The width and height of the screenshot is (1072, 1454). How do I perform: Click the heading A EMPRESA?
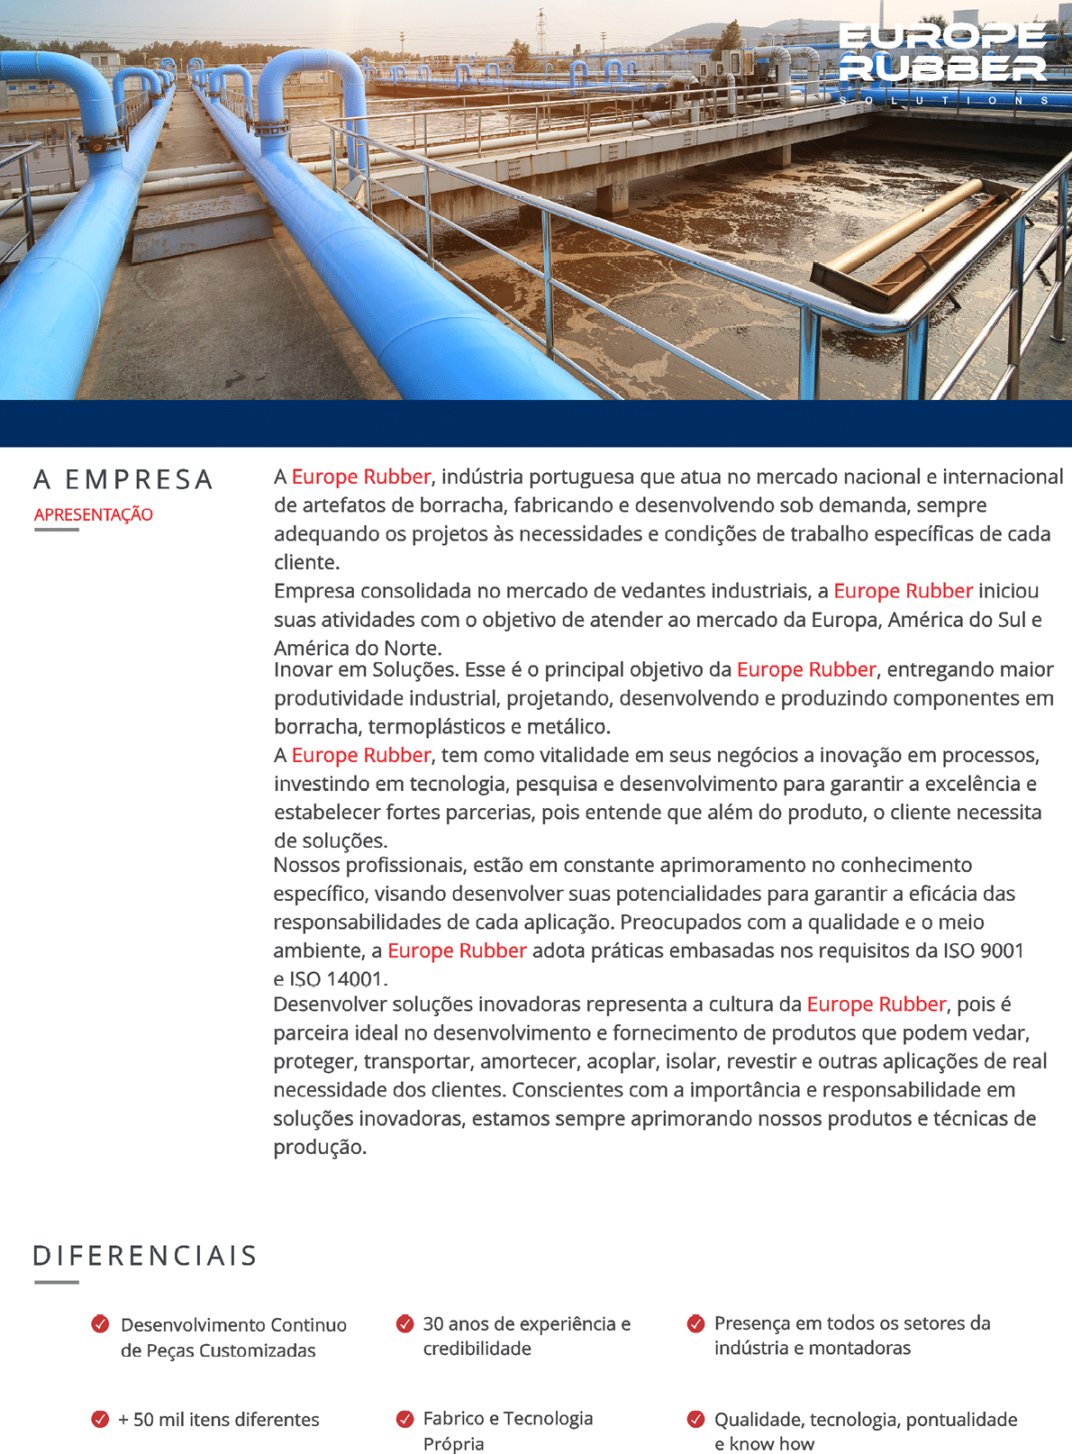123,479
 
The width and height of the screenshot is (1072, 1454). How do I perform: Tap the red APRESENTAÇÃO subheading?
94,514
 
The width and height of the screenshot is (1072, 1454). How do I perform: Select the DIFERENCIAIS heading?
145,1256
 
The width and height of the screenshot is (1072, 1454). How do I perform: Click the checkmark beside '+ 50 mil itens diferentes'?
100,1419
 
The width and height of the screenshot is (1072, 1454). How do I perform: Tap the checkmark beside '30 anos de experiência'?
404,1323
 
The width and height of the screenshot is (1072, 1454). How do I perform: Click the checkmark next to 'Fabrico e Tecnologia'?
404,1419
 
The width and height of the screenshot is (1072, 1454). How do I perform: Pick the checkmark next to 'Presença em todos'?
695,1323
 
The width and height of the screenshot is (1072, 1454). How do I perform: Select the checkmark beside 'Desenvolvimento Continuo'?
100,1323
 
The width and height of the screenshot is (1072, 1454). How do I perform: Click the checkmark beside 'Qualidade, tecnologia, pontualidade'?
695,1419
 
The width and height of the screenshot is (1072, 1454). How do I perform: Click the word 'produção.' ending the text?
320,1147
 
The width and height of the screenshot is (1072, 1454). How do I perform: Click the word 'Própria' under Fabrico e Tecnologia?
453,1444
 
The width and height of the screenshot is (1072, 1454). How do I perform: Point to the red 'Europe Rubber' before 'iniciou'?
903,591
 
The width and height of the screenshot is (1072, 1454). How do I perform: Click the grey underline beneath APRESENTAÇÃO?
57,530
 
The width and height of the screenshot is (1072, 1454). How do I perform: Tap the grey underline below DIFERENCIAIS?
57,1282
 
